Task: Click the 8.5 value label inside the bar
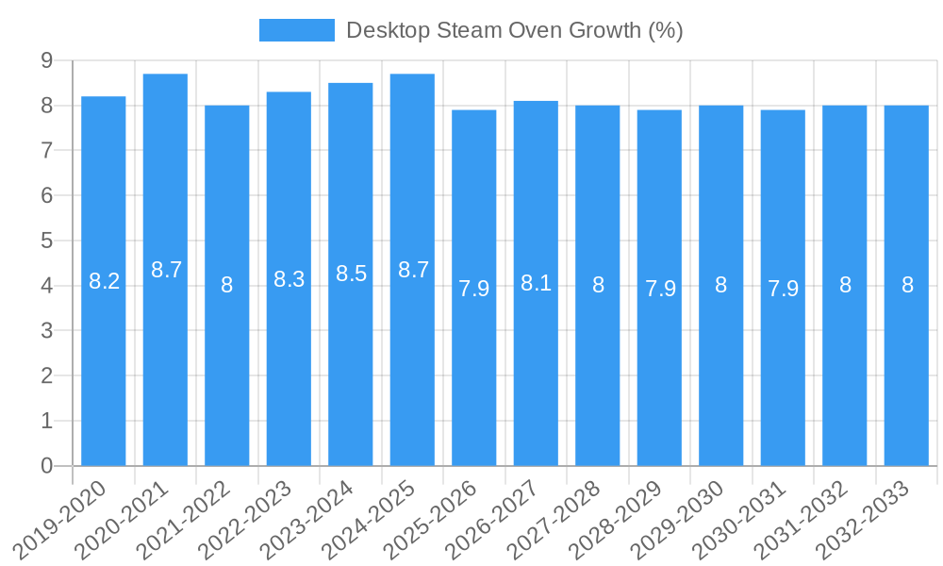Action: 351,274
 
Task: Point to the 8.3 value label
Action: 289,279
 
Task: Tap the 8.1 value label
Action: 536,283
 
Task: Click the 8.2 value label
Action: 104,281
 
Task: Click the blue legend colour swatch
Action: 296,30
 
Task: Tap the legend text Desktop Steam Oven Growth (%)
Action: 514,30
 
